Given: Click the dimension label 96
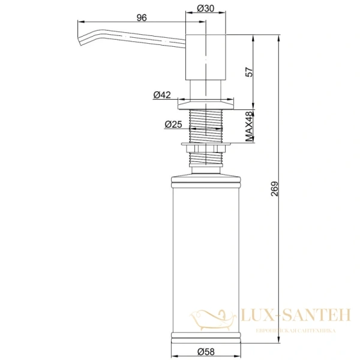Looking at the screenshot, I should click(142, 18).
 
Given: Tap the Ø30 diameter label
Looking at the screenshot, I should click(206, 9).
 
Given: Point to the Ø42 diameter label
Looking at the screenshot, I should click(162, 95).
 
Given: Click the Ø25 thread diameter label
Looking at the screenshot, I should click(173, 124).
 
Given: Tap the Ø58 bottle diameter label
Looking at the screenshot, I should click(206, 351).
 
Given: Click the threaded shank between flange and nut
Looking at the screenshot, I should click(206, 127).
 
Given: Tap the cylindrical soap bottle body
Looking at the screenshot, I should click(206, 258).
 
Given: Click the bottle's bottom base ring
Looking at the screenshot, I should click(206, 336).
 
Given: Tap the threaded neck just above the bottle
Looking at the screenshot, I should click(206, 160).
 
